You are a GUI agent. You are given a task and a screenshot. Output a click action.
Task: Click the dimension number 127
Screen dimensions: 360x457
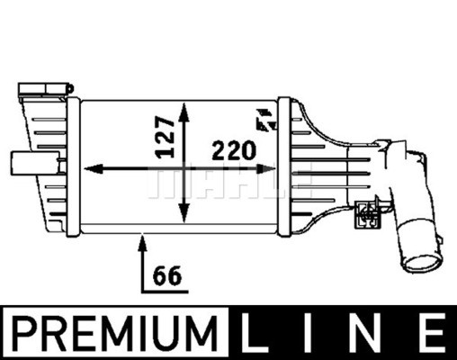click(x=164, y=136)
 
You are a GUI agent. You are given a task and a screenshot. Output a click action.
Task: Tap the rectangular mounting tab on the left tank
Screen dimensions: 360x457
click(x=22, y=164)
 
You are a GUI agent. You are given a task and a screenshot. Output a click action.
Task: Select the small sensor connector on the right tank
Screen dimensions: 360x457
click(x=366, y=212)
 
